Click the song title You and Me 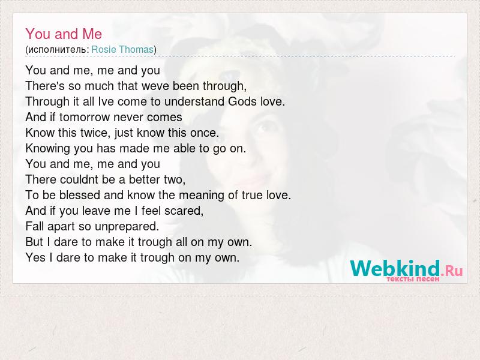click(64, 34)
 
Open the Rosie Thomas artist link click(122, 49)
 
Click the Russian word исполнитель click(58, 50)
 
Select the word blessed click(80, 195)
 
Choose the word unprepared click(127, 227)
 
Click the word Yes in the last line click(35, 257)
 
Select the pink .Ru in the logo click(452, 271)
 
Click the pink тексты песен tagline click(413, 279)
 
